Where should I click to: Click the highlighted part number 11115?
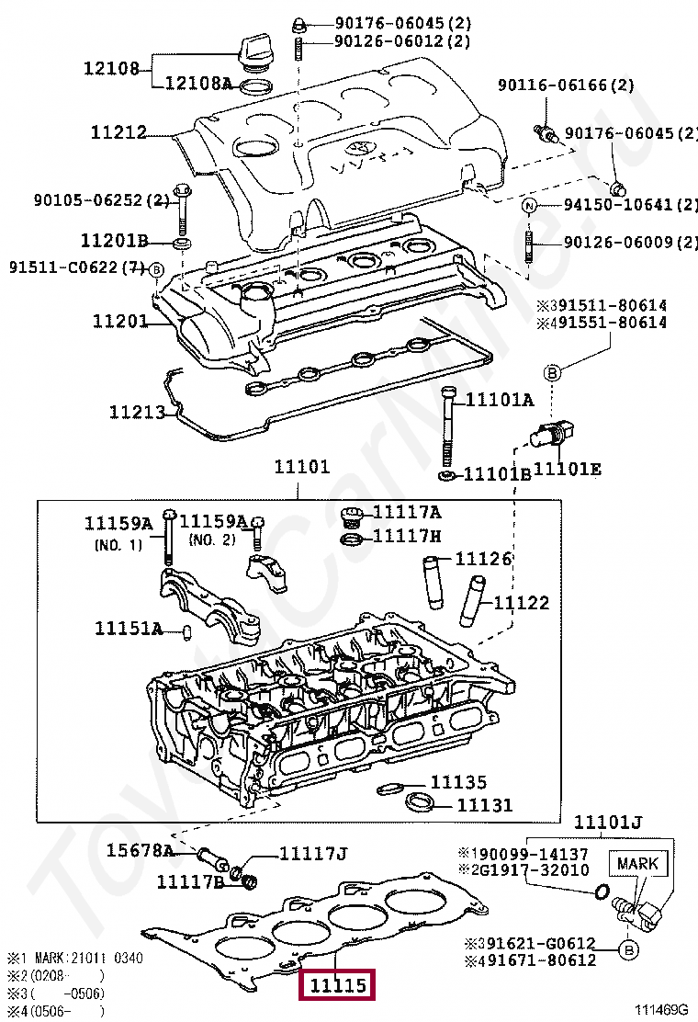click(338, 986)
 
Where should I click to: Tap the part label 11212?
click(118, 132)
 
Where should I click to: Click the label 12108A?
click(198, 84)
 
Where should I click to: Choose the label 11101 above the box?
click(301, 467)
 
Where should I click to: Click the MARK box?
click(637, 864)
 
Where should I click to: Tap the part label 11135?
click(458, 782)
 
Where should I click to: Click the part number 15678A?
click(140, 850)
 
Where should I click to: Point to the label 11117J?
click(313, 854)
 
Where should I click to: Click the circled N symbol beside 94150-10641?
click(529, 205)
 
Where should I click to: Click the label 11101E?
click(568, 470)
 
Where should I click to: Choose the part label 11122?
click(522, 603)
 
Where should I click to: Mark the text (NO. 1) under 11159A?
click(118, 544)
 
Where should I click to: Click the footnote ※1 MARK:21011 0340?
click(74, 958)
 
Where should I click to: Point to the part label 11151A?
click(129, 629)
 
